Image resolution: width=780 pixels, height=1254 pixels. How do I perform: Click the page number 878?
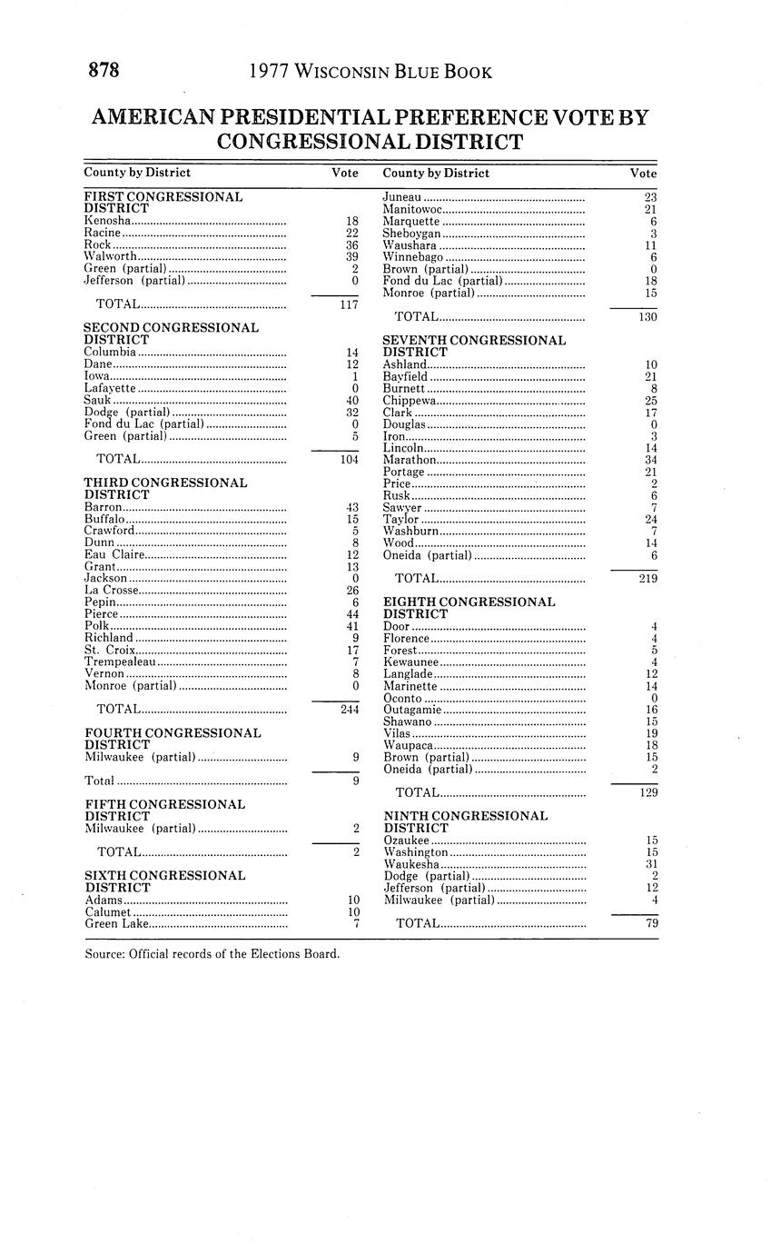[x=104, y=71]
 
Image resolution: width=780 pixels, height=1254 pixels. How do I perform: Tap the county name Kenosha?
[x=107, y=221]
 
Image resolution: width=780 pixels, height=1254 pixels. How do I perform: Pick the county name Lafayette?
[x=110, y=388]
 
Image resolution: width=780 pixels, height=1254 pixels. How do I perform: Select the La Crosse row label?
[x=111, y=591]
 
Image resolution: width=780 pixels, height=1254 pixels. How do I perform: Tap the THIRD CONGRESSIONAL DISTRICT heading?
[x=165, y=489]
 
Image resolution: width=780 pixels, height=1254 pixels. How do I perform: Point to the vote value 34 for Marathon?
[x=650, y=460]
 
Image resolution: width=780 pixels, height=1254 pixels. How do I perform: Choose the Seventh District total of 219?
[x=646, y=578]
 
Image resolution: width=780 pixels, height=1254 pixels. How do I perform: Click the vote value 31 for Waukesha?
[x=650, y=864]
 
